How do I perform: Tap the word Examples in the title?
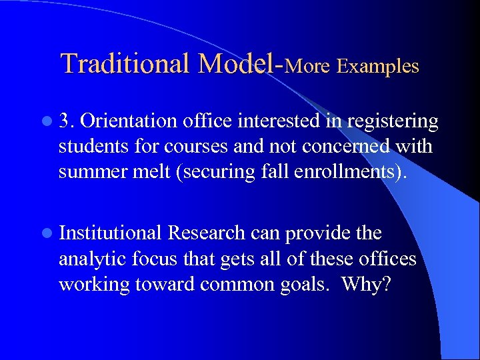(378, 66)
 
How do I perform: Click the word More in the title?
(309, 66)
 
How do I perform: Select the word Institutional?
(111, 233)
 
